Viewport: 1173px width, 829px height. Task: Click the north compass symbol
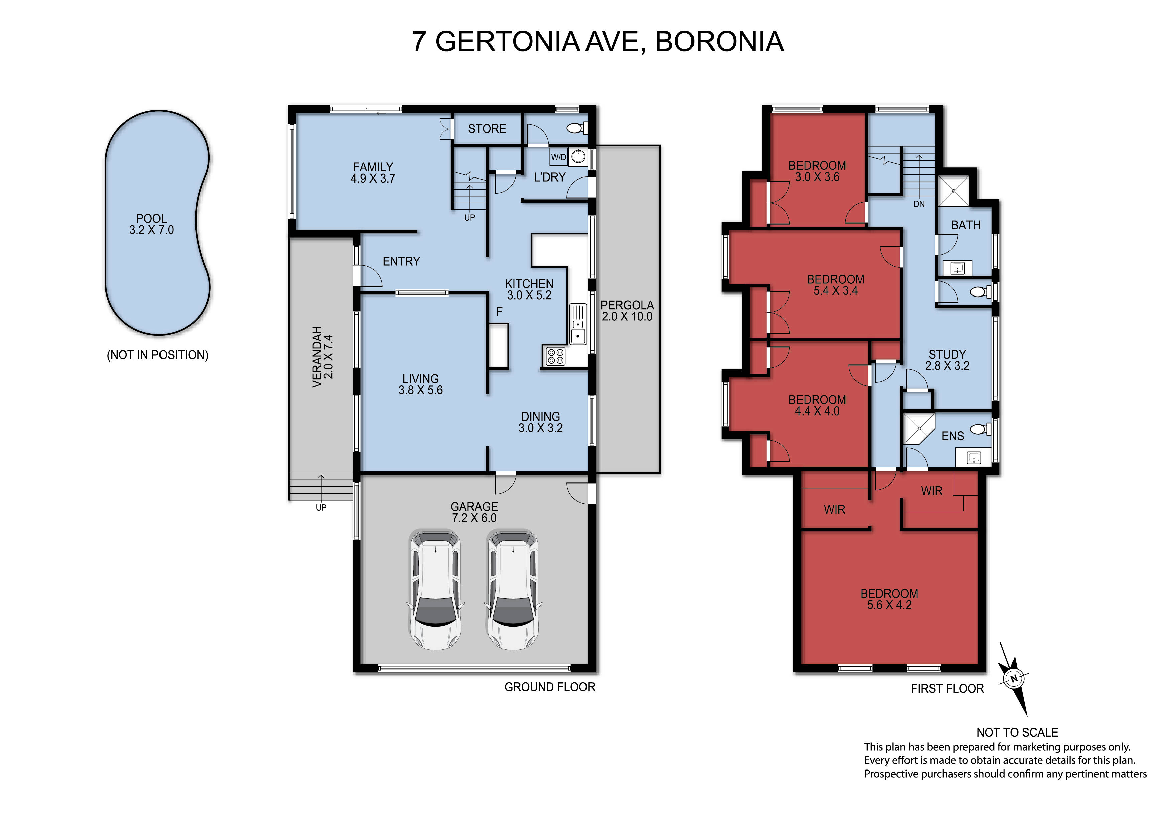tap(1014, 679)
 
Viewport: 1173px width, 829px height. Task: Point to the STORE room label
tap(487, 129)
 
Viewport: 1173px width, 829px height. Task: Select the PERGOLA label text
tap(627, 305)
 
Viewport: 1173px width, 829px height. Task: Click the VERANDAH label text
tap(317, 357)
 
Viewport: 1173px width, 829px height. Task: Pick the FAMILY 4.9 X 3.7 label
tap(373, 172)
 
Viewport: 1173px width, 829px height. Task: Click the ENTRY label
tap(401, 261)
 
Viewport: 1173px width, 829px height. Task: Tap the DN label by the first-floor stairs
tap(919, 204)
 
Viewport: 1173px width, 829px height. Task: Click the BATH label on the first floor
tap(966, 225)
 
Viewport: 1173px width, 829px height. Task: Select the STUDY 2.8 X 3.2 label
tap(947, 360)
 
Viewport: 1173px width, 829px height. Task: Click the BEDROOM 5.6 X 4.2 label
tap(889, 599)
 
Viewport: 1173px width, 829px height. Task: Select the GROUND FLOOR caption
tap(550, 687)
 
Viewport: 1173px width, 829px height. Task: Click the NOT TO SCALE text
tap(1017, 732)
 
